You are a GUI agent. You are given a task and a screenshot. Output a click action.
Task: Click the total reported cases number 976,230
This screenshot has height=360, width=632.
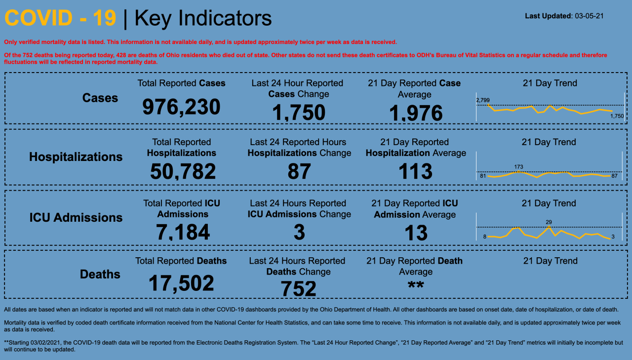click(181, 107)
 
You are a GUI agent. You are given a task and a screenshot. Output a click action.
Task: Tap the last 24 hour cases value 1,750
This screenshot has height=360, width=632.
click(299, 113)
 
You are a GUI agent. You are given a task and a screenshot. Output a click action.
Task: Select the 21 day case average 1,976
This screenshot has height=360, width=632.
click(416, 114)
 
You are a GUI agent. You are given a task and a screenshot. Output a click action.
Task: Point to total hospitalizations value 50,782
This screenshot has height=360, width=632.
click(183, 171)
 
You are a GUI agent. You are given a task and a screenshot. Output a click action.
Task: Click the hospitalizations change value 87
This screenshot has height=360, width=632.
click(299, 171)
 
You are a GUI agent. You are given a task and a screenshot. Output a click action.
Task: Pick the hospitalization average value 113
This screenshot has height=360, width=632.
click(416, 171)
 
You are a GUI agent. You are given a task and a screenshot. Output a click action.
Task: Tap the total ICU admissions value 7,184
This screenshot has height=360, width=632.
click(183, 232)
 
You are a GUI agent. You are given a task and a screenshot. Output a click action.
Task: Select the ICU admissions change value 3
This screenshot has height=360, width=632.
click(299, 232)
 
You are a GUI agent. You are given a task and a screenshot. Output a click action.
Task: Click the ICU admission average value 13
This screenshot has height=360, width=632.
click(416, 233)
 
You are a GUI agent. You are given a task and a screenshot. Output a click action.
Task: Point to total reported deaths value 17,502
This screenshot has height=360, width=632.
click(181, 283)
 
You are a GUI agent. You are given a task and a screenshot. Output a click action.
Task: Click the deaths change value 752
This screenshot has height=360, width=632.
click(299, 289)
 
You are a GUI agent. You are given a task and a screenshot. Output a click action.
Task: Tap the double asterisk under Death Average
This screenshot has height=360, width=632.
click(416, 286)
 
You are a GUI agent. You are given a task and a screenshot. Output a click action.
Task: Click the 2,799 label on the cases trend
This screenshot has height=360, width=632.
click(483, 100)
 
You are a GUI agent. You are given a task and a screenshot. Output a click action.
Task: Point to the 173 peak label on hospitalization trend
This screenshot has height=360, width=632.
click(518, 167)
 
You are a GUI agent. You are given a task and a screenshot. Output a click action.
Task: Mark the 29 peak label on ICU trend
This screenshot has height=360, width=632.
click(549, 222)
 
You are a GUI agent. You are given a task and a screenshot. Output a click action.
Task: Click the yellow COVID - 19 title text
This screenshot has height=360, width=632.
click(60, 18)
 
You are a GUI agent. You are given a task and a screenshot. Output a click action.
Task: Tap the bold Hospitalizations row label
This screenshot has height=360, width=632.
click(76, 157)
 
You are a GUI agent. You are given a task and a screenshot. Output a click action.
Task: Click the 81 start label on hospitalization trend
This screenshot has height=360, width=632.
click(483, 176)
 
